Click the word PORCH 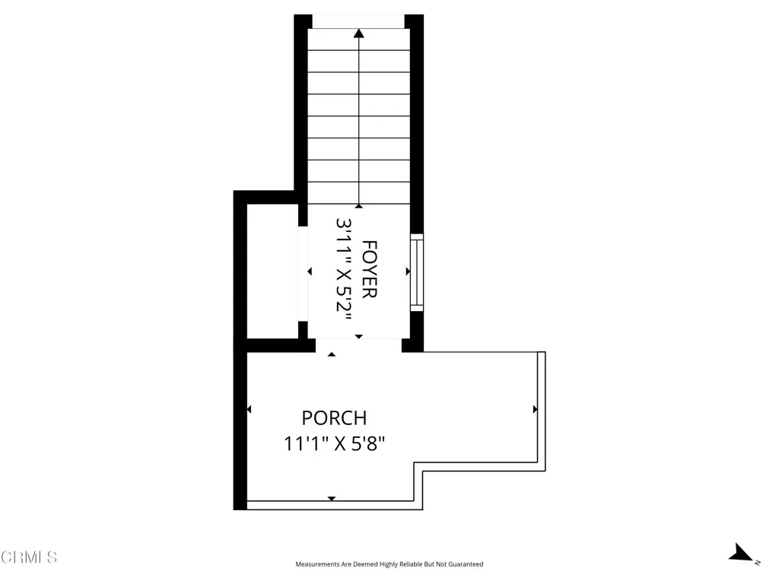point(334,418)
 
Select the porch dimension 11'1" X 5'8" point(335,443)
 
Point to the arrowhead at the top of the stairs point(358,33)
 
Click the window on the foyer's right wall point(416,271)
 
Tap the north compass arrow point(740,554)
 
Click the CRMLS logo point(29,557)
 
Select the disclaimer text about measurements point(389,564)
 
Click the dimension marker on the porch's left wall point(250,410)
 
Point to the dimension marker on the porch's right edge point(535,409)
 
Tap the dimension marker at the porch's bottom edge point(331,498)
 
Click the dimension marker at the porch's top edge point(331,354)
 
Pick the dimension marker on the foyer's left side point(310,271)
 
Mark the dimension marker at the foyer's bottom point(359,336)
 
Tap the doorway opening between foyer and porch point(358,345)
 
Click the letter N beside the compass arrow point(758,562)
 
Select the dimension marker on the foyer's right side point(408,271)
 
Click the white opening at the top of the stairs point(358,21)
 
